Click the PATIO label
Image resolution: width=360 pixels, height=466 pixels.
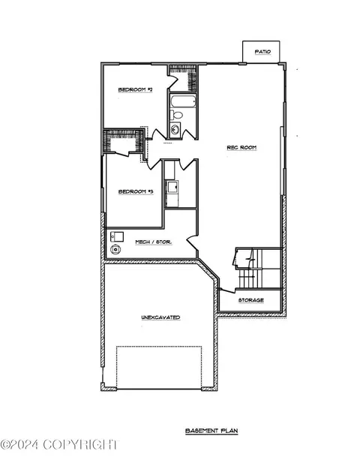tap(262, 52)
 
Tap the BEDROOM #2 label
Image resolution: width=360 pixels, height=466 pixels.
tap(136, 89)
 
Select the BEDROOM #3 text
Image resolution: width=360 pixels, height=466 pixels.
tap(136, 191)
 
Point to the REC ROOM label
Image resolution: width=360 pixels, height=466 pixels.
tap(241, 148)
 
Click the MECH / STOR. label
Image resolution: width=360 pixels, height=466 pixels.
tap(154, 242)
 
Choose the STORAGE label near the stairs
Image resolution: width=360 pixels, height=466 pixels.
tap(251, 300)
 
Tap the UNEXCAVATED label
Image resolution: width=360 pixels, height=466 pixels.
tap(160, 317)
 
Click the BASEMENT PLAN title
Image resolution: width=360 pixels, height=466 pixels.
tap(211, 431)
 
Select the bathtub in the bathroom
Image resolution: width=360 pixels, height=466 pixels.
tap(183, 101)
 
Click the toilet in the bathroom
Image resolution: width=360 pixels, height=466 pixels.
tap(176, 115)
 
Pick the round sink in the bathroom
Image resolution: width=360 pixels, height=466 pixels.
tap(175, 130)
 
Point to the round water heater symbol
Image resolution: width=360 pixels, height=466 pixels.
tap(115, 249)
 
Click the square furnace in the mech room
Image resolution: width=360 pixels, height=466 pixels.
tap(117, 236)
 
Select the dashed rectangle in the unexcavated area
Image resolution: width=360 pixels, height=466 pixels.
tap(159, 368)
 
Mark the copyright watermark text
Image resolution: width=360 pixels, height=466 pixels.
tap(60, 445)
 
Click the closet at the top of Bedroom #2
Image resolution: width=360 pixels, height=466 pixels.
tap(183, 78)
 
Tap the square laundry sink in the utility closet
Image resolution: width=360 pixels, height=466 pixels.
tap(172, 187)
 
